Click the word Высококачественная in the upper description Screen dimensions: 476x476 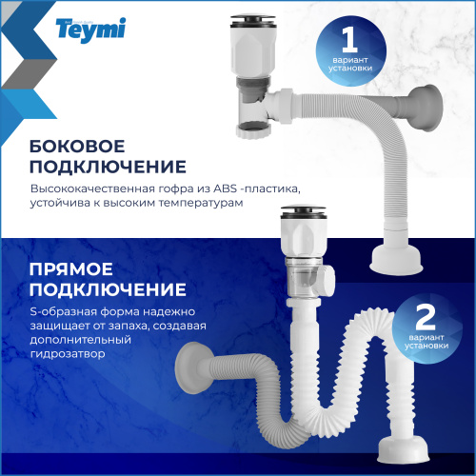coord(86,188)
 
